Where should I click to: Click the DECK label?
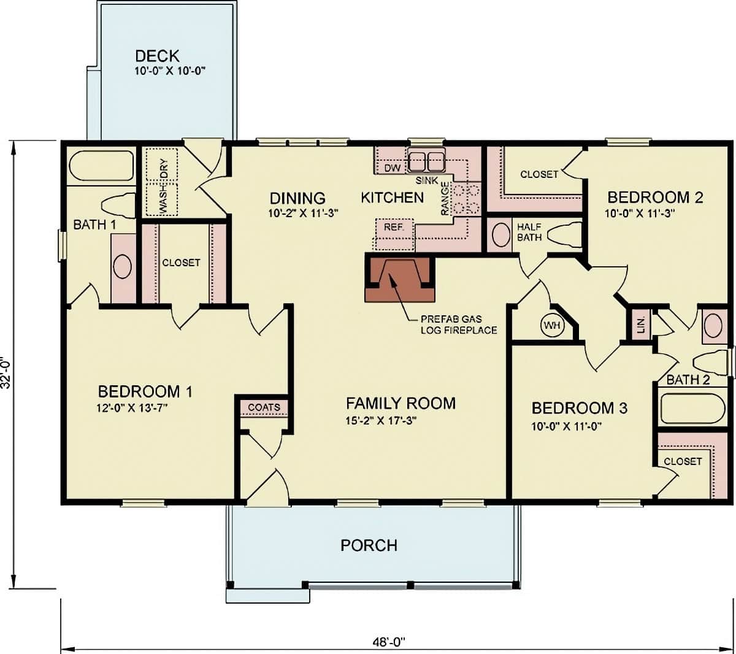tap(157, 56)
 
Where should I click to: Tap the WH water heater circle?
tap(552, 325)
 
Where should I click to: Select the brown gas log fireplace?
tap(400, 279)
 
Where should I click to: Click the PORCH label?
tap(369, 545)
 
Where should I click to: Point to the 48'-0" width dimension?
tap(389, 642)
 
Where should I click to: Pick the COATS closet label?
tap(264, 407)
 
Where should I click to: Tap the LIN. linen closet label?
tap(641, 325)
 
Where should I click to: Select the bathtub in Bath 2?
tap(693, 410)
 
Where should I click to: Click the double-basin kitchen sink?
tap(426, 161)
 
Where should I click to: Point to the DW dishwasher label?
tap(392, 167)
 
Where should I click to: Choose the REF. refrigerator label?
tap(393, 227)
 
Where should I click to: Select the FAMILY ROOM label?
tap(401, 403)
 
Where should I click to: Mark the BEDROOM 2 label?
tap(654, 197)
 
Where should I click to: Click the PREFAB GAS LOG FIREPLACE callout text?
tap(458, 325)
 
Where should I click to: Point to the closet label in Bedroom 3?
tap(682, 461)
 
